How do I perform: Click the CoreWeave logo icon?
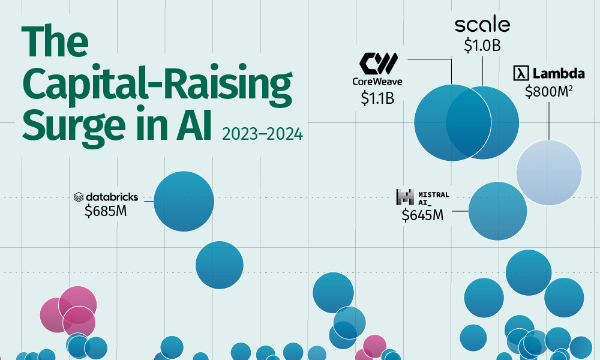(x=379, y=62)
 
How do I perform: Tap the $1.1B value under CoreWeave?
(x=377, y=98)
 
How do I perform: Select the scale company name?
(x=482, y=25)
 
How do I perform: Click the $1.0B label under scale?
(x=482, y=46)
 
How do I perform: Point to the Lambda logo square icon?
(x=520, y=74)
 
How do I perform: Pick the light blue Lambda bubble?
(x=548, y=173)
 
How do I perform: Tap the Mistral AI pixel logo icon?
(x=406, y=197)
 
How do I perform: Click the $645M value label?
(x=422, y=215)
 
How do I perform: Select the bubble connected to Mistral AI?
(x=497, y=211)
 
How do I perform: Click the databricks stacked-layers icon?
(x=79, y=197)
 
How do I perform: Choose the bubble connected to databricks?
(x=184, y=201)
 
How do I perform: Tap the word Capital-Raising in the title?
(x=157, y=85)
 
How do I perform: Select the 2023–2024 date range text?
(x=262, y=134)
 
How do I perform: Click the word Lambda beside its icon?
(x=559, y=74)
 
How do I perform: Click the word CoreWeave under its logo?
(x=377, y=81)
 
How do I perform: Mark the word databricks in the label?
(x=112, y=197)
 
